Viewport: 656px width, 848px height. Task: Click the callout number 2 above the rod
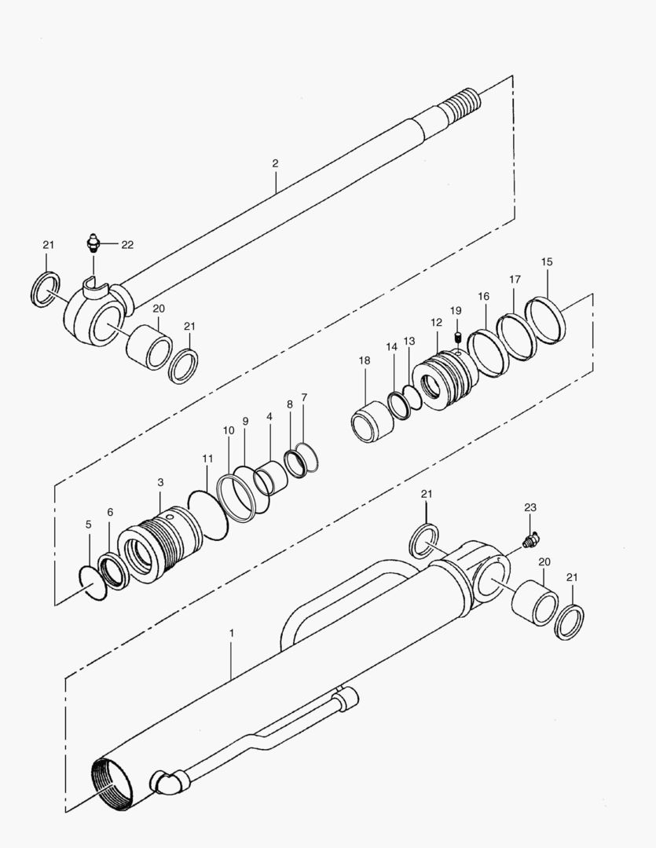(275, 163)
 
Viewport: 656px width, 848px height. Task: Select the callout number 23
(530, 509)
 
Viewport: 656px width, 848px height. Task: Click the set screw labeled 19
(456, 337)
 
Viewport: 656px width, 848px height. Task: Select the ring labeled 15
(556, 319)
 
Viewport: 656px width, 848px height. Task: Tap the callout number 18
(364, 360)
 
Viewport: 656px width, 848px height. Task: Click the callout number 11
(207, 457)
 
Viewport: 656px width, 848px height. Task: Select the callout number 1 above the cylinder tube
(231, 631)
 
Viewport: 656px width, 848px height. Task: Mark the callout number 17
(515, 279)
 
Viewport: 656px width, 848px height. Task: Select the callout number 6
(110, 512)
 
